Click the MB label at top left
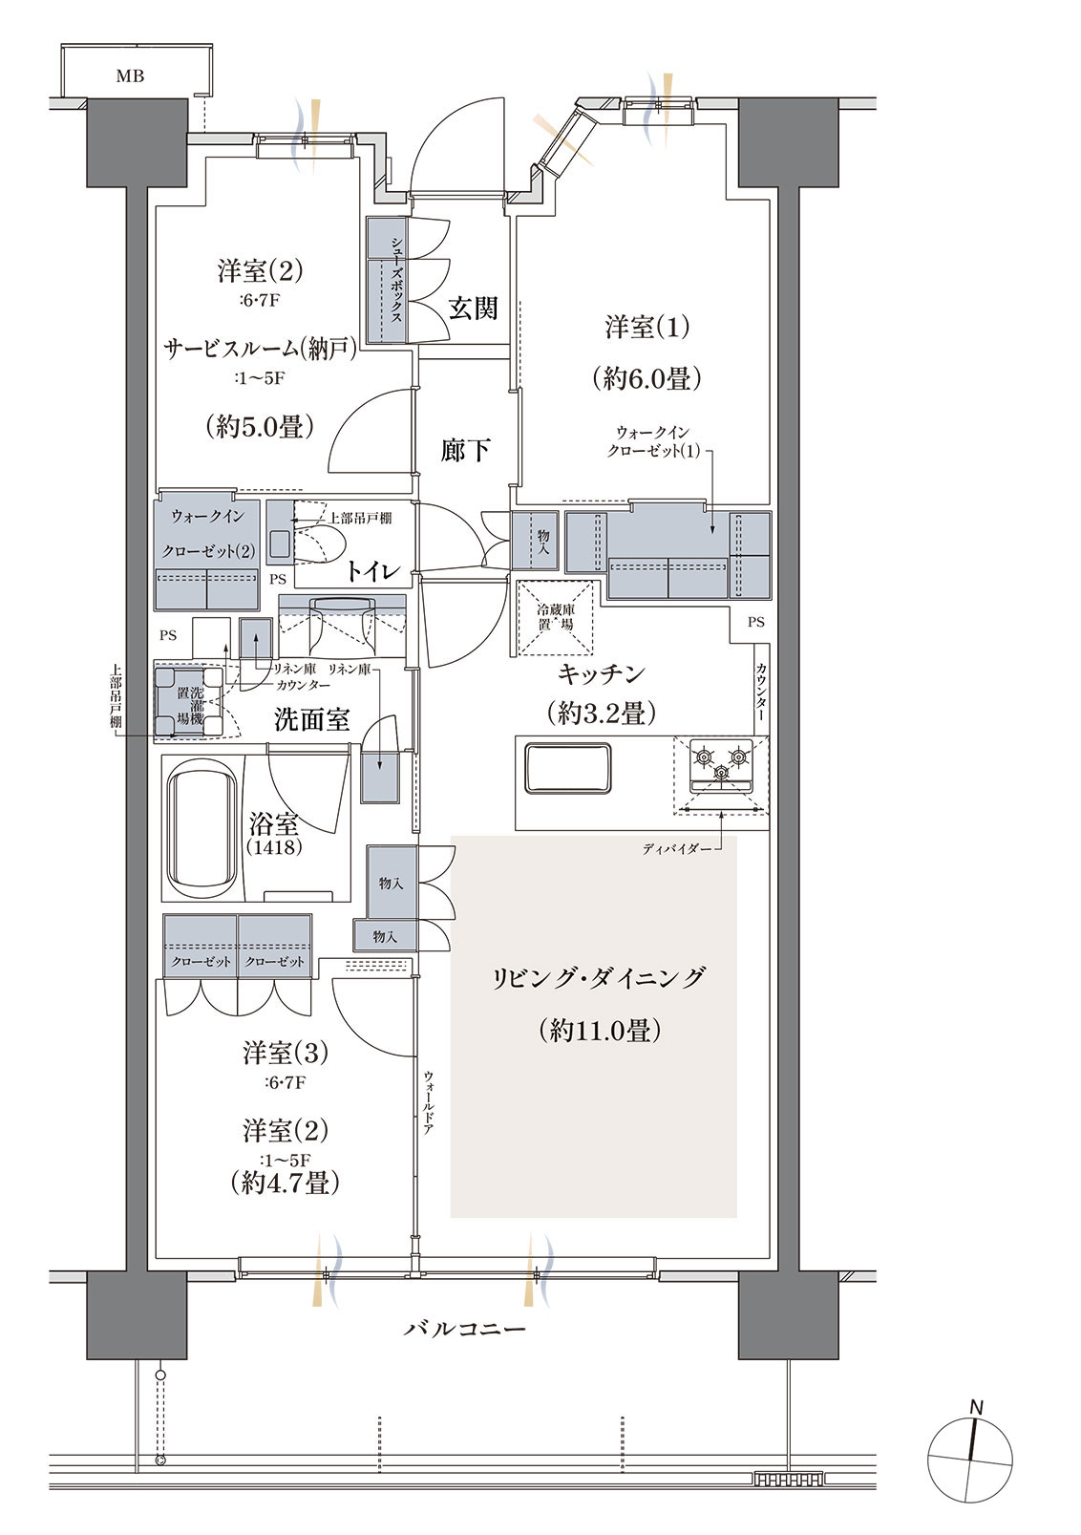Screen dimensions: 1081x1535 [x=130, y=76]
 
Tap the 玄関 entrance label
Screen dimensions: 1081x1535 [x=473, y=309]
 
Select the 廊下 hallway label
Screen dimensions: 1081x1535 [x=465, y=450]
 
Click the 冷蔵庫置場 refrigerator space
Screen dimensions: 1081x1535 [x=555, y=617]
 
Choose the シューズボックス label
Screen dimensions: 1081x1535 [x=396, y=280]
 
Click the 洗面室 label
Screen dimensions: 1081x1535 [x=311, y=719]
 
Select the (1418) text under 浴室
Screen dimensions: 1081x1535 [x=275, y=847]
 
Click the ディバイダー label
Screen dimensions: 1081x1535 [x=673, y=850]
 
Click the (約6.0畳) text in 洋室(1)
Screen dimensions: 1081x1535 [x=646, y=378]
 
